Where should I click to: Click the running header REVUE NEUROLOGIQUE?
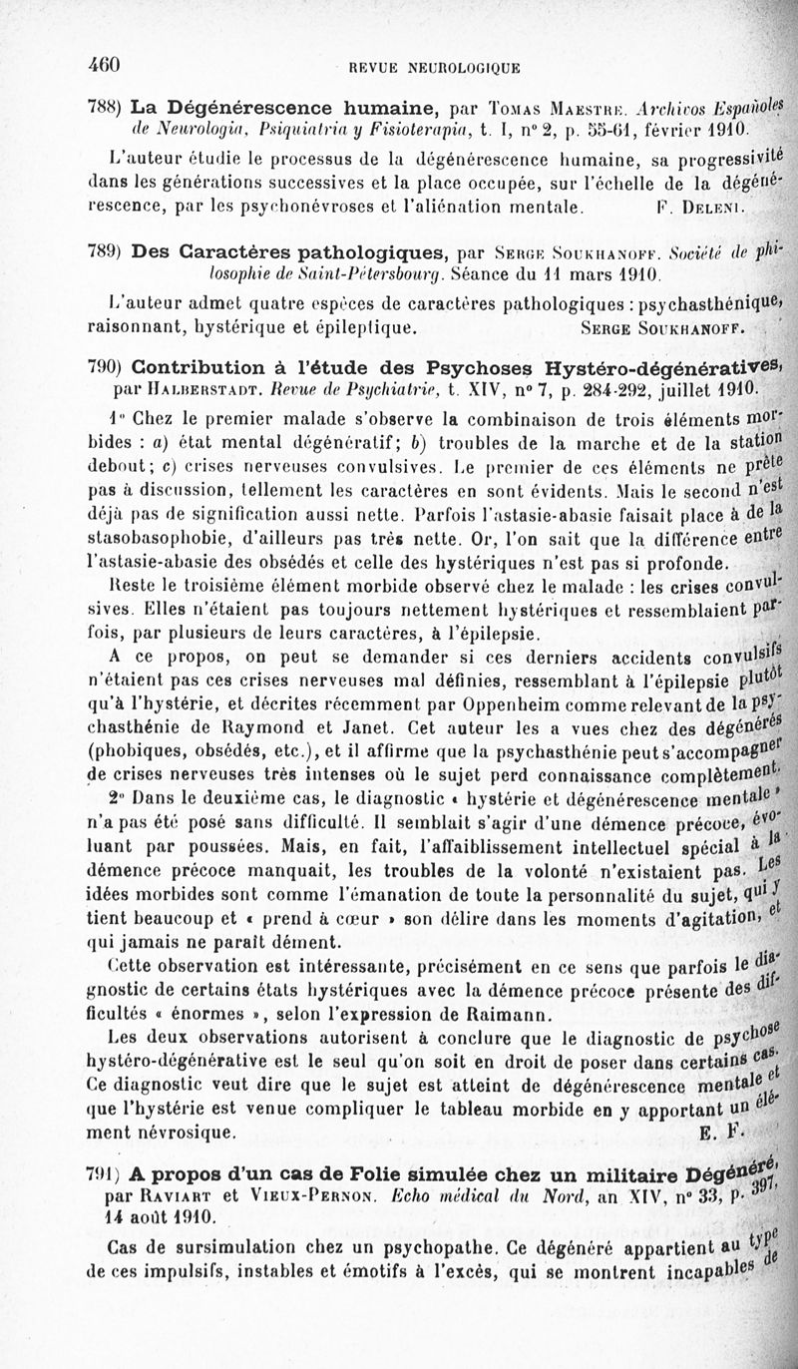435,68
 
